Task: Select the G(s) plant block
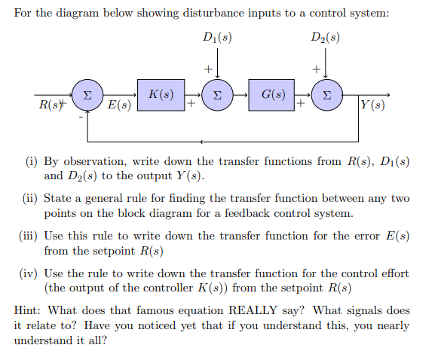(x=272, y=96)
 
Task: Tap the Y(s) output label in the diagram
(x=373, y=105)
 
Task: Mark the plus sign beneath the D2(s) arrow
(x=317, y=70)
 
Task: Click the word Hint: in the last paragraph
(x=31, y=310)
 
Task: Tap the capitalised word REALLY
(x=257, y=310)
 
